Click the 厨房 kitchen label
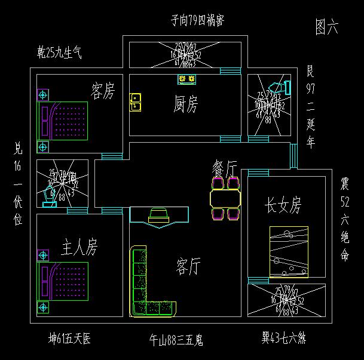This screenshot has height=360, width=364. pyautogui.click(x=185, y=105)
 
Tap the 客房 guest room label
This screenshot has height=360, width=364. pyautogui.click(x=102, y=91)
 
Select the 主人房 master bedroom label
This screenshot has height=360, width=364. pyautogui.click(x=79, y=247)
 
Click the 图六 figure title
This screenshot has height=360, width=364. pyautogui.click(x=326, y=26)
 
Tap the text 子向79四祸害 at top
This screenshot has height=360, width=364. pyautogui.click(x=197, y=21)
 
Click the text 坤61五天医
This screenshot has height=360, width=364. pyautogui.click(x=70, y=339)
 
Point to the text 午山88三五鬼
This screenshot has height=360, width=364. pyautogui.click(x=176, y=340)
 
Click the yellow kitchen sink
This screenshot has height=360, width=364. pyautogui.click(x=136, y=102)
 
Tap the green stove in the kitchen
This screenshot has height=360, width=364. pyautogui.click(x=186, y=79)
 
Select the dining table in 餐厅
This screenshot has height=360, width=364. pyautogui.click(x=225, y=198)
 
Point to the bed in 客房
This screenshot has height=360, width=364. pyautogui.click(x=63, y=121)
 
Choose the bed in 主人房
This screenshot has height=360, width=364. pyautogui.click(x=63, y=281)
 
